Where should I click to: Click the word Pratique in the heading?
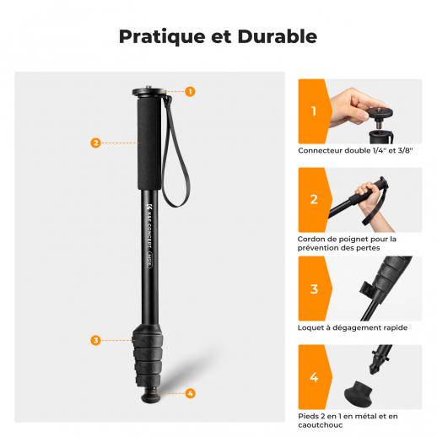[162, 37]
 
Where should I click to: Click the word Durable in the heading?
[278, 36]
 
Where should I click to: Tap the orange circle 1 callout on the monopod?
[190, 92]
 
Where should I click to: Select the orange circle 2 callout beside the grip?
[95, 143]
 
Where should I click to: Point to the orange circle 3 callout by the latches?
[95, 340]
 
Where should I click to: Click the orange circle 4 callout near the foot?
[191, 393]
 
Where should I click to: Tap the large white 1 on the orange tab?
[314, 111]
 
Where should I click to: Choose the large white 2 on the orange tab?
[314, 199]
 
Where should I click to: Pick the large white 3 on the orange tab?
[314, 289]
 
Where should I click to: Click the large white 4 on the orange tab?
[314, 377]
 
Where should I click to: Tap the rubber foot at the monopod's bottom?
[151, 397]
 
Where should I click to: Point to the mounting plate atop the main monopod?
[149, 91]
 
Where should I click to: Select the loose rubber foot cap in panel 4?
[359, 393]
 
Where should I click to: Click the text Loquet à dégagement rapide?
[353, 327]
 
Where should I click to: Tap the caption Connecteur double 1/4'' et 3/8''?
[355, 150]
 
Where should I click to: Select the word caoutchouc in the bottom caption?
[321, 425]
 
